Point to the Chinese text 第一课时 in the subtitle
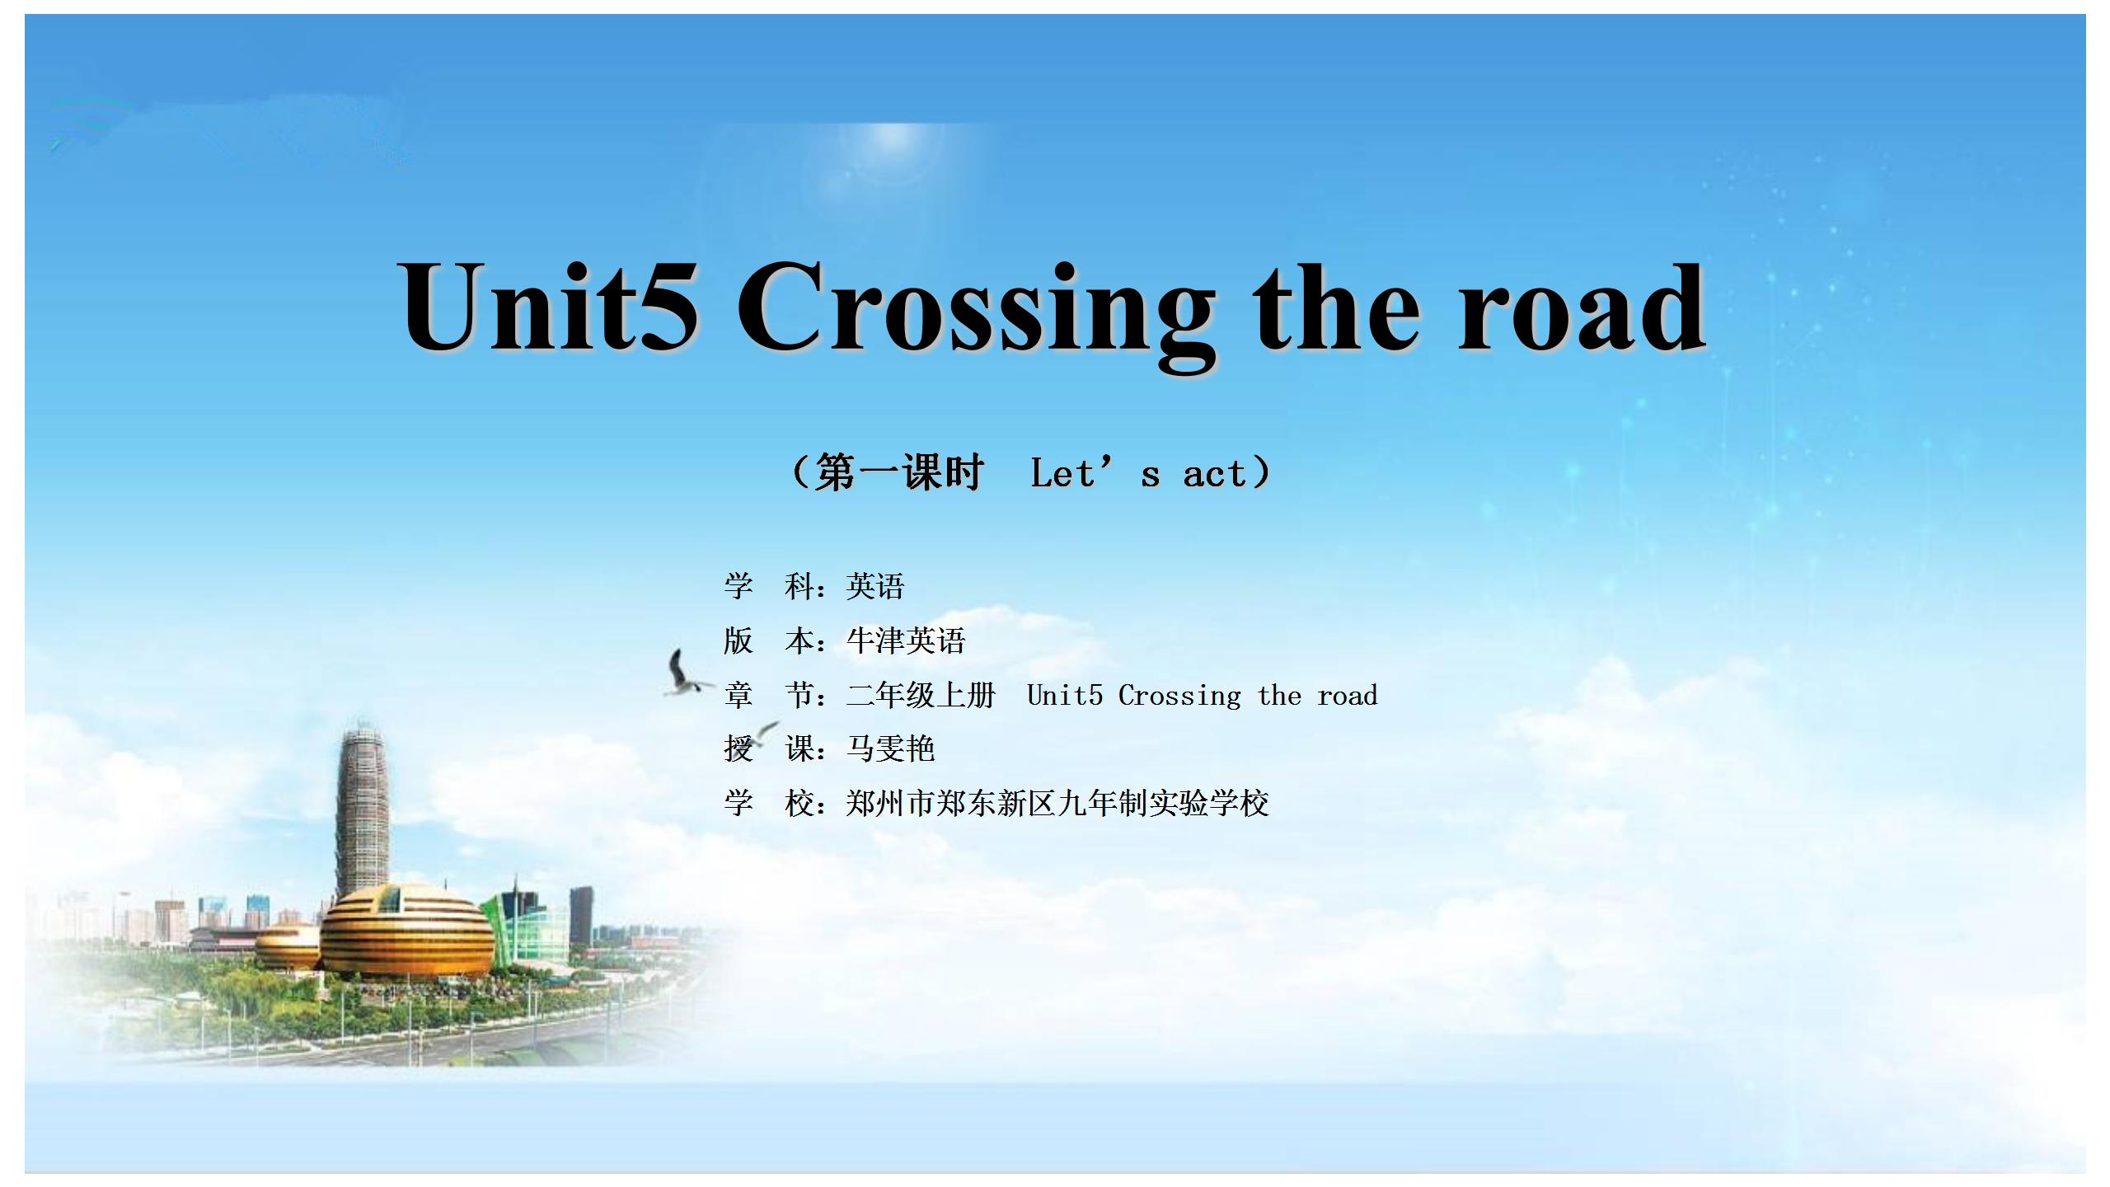point(899,473)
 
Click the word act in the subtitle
point(1214,474)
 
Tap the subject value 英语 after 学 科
point(875,586)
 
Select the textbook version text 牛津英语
point(905,640)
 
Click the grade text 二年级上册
point(921,695)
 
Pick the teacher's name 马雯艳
point(890,748)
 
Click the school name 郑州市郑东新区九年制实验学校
point(1057,803)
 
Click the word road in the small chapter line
point(1348,696)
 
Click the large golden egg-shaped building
point(406,931)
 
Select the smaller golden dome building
point(288,947)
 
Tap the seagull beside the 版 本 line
point(686,673)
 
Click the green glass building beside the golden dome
point(526,927)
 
